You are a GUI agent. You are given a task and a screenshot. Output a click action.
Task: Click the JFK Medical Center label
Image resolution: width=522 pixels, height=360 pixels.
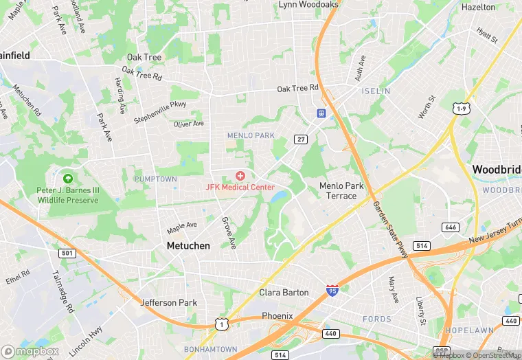240,187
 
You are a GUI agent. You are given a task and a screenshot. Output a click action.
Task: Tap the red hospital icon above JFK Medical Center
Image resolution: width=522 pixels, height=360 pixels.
240,177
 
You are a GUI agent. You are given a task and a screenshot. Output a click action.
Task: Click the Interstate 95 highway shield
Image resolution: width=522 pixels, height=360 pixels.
332,292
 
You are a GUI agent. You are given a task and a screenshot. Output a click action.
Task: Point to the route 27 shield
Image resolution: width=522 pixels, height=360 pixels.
301,139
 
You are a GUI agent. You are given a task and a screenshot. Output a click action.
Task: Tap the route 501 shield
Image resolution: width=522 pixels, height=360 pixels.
66,254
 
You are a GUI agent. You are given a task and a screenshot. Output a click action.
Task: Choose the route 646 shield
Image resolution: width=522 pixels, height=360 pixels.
451,227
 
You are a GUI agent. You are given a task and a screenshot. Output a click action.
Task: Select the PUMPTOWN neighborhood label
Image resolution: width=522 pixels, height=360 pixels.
155,179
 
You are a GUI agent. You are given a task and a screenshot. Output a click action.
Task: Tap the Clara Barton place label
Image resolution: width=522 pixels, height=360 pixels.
284,293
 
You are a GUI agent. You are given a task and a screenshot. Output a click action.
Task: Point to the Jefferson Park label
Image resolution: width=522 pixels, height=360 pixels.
168,302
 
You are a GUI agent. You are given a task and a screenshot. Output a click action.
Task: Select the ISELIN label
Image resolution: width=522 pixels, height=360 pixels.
376,91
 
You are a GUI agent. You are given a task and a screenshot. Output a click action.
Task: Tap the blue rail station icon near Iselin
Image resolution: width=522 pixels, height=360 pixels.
321,113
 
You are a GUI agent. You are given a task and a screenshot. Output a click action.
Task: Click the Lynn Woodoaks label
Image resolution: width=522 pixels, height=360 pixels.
308,5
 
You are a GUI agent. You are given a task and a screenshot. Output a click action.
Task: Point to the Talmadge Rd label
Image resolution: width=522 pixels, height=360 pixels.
62,291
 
